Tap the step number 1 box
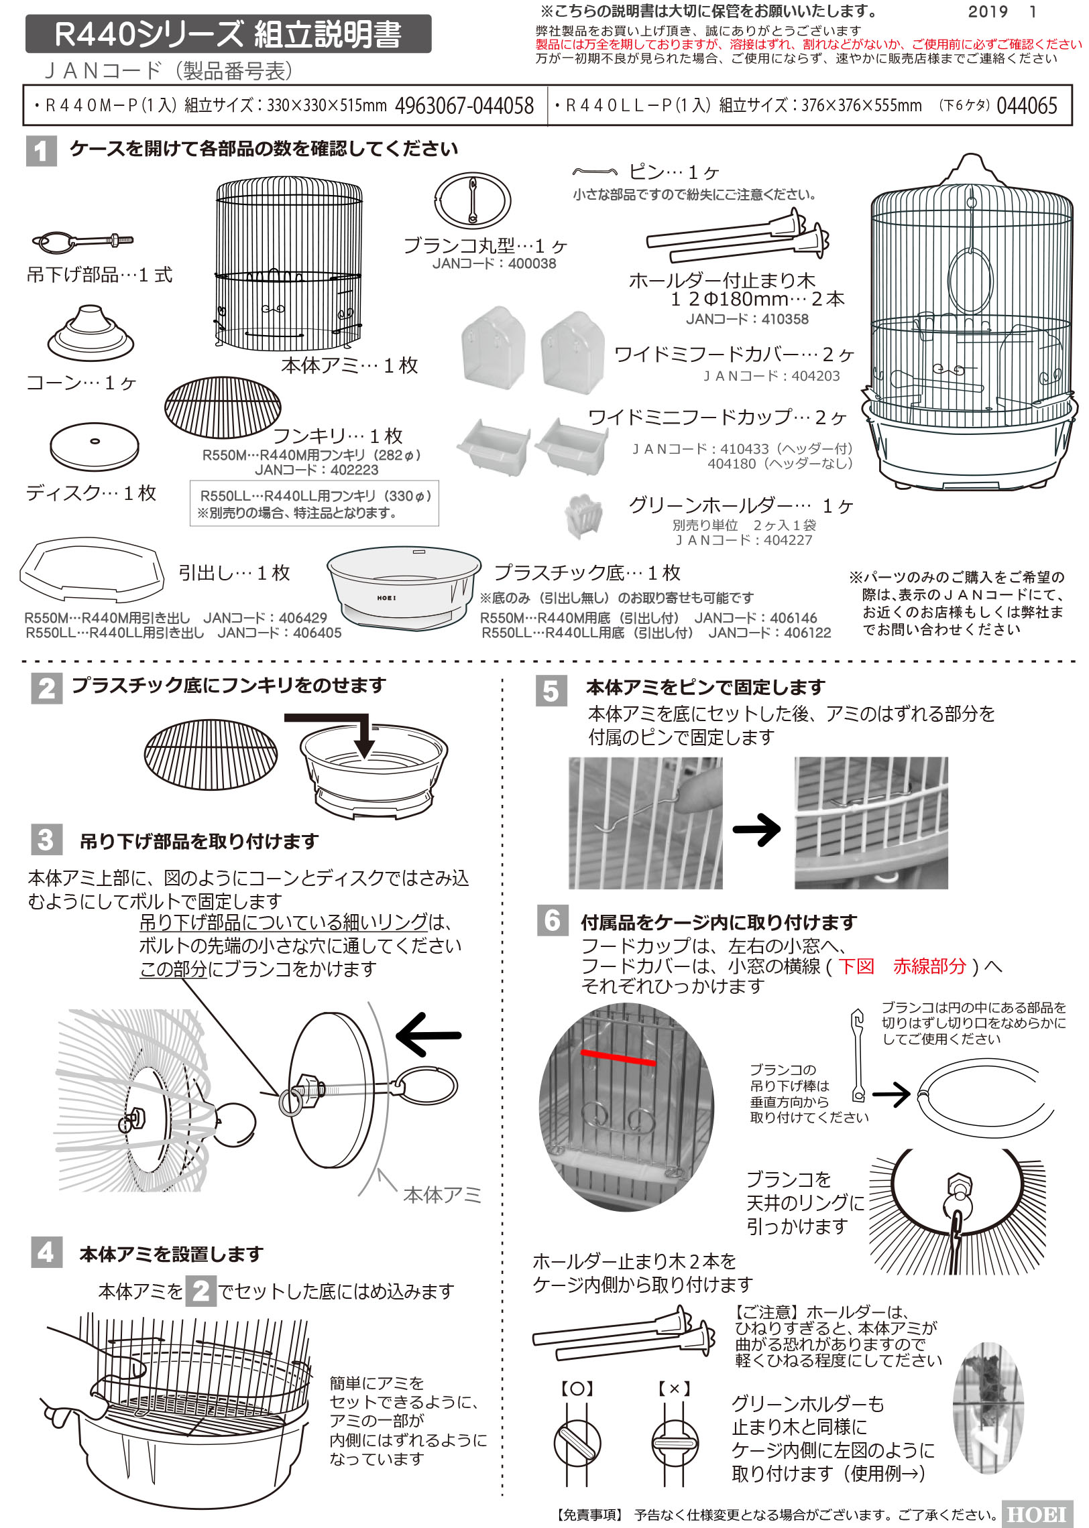coord(42,151)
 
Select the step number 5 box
coord(551,691)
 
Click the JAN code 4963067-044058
coord(465,106)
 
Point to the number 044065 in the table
coord(1027,106)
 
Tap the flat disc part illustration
coord(95,446)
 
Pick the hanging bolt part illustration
coord(82,241)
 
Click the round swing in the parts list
coord(473,200)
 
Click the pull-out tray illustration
coord(93,570)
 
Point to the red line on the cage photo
coord(618,1057)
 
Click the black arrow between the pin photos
coord(756,830)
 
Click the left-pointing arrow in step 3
coord(428,1035)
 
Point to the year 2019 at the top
coord(988,11)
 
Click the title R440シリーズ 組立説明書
coord(228,34)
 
